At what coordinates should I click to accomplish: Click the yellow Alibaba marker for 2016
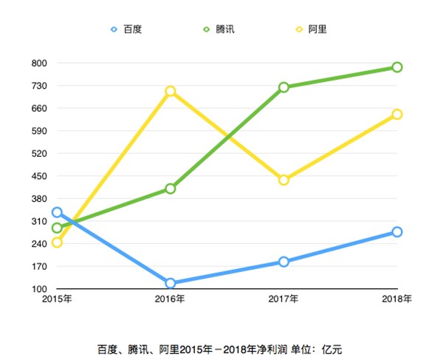171,92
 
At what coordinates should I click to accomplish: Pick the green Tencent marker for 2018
397,67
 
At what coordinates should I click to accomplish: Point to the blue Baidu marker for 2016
171,283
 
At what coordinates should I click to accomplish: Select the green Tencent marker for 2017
284,87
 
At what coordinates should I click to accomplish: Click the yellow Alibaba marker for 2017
284,180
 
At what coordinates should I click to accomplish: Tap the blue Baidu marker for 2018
397,232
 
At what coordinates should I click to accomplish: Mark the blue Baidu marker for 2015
57,212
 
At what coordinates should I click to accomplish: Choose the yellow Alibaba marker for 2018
397,114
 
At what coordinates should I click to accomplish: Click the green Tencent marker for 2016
171,189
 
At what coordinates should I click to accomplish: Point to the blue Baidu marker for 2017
284,262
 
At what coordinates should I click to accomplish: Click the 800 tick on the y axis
39,63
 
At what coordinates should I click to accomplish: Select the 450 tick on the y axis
39,176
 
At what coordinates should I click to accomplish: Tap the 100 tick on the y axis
39,289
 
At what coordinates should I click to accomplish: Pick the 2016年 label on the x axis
171,299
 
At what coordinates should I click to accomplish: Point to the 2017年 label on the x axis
284,299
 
